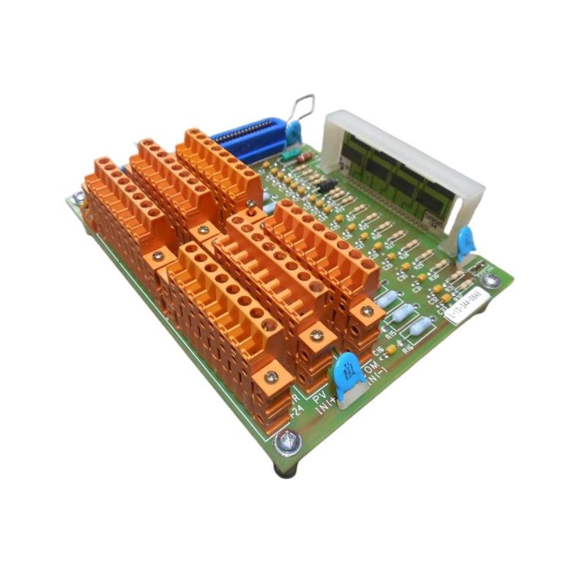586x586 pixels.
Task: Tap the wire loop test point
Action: [x=303, y=110]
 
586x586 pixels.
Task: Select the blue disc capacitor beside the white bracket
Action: [x=465, y=241]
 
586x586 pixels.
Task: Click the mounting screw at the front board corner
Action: [x=288, y=442]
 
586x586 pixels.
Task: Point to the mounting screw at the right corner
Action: [x=492, y=279]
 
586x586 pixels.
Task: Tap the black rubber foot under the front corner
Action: [x=286, y=469]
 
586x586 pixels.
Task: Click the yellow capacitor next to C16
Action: [x=391, y=349]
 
